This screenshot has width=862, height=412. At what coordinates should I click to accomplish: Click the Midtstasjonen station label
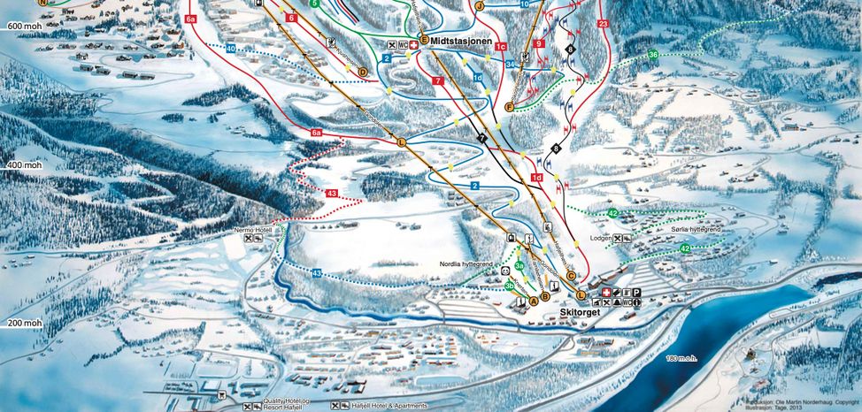click(x=461, y=52)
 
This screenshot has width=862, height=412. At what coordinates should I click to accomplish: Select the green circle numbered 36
click(x=652, y=55)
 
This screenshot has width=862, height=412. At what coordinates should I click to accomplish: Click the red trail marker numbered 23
click(x=604, y=24)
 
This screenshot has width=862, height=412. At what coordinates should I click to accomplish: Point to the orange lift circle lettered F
click(x=509, y=107)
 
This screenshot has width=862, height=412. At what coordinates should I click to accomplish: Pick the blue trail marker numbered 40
click(x=230, y=49)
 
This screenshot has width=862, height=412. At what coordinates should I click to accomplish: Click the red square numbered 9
click(x=538, y=43)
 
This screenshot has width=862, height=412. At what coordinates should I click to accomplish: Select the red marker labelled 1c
click(x=501, y=47)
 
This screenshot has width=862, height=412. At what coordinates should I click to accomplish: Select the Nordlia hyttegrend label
click(x=465, y=263)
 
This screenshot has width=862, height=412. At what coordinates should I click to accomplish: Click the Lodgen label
click(x=601, y=238)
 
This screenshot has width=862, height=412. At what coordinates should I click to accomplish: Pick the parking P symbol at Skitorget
click(x=635, y=293)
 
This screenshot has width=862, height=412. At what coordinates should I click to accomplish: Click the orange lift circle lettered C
click(x=571, y=275)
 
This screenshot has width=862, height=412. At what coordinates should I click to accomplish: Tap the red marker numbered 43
click(x=331, y=193)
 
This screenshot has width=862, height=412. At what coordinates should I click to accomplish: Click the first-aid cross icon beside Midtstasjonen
click(x=415, y=43)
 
